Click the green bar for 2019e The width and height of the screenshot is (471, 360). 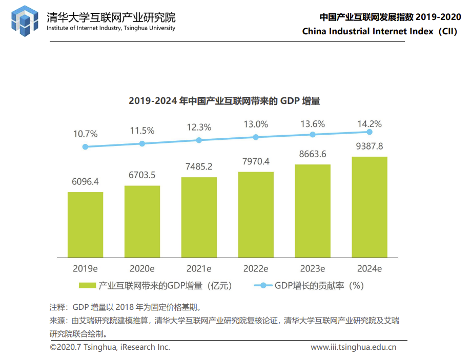tap(85, 225)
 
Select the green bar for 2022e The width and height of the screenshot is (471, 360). tap(256, 215)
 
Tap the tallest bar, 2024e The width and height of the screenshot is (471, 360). tap(370, 207)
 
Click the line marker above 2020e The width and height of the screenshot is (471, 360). tap(142, 143)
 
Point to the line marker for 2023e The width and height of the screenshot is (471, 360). tap(313, 135)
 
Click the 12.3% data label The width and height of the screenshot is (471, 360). tap(199, 127)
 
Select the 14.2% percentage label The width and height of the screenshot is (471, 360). tap(369, 124)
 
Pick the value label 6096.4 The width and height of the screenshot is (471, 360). tap(85, 182)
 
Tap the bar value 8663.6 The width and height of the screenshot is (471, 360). tap(313, 154)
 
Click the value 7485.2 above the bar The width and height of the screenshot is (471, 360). tap(199, 167)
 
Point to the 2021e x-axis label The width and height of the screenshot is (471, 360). tap(199, 268)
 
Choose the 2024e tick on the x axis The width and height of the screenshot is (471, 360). tap(369, 268)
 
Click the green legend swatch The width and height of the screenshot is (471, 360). tap(87, 286)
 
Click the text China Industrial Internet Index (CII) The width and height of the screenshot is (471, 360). tap(379, 31)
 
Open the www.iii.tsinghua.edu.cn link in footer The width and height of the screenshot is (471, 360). tap(354, 347)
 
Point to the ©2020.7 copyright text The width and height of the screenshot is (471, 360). tap(110, 347)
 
